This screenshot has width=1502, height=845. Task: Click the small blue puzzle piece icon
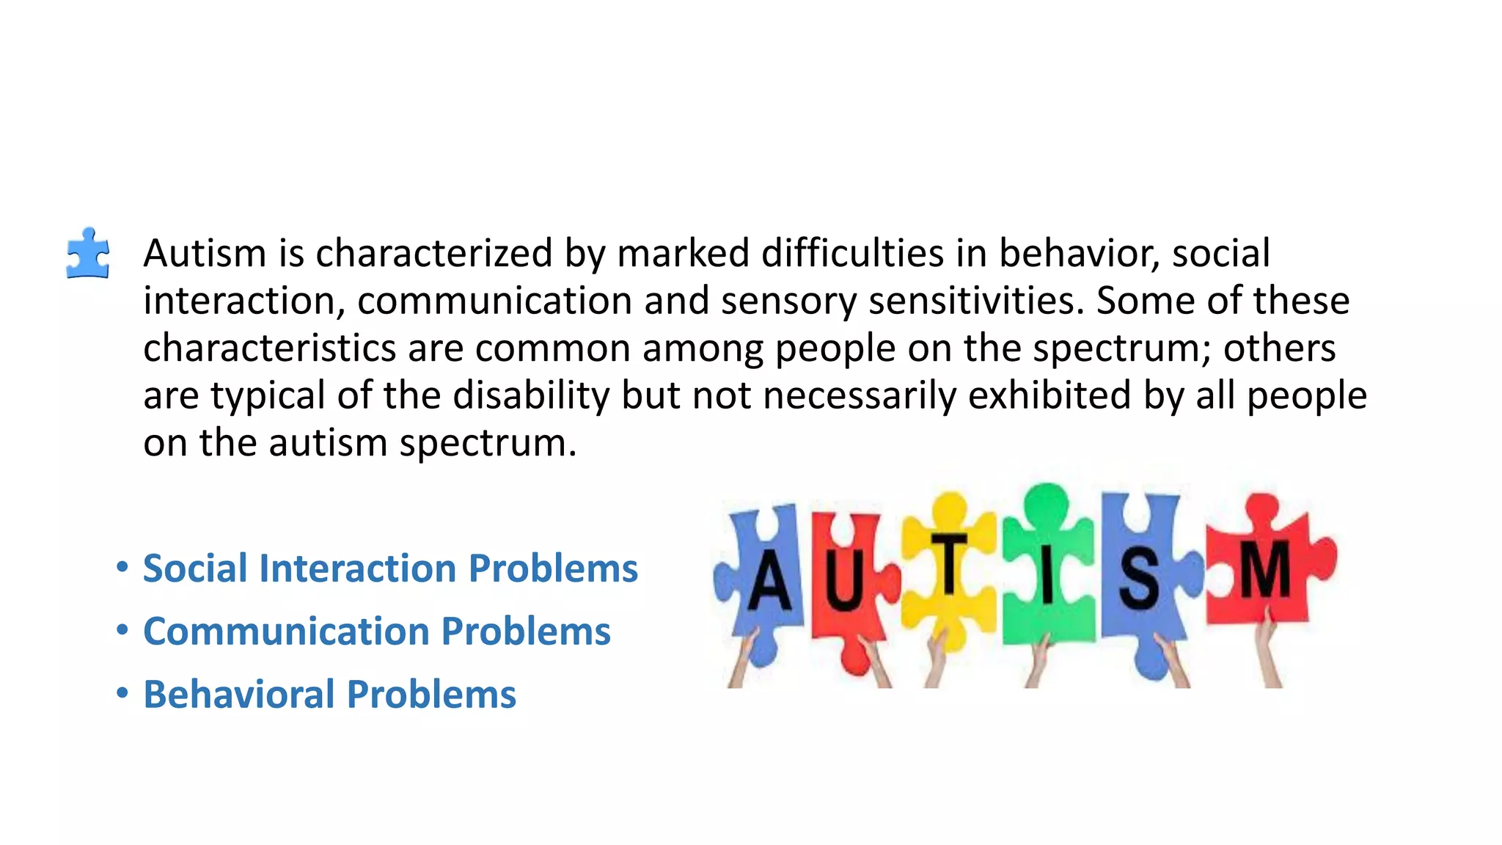pyautogui.click(x=88, y=254)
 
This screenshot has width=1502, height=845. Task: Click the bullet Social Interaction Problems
pyautogui.click(x=390, y=568)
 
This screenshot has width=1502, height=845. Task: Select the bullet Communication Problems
pyautogui.click(x=376, y=632)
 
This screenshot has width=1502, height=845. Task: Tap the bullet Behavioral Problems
pyautogui.click(x=329, y=695)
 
